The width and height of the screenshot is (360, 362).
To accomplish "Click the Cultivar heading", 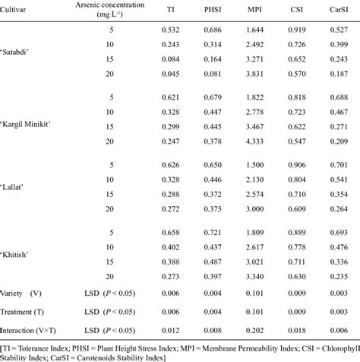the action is click(17, 9).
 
